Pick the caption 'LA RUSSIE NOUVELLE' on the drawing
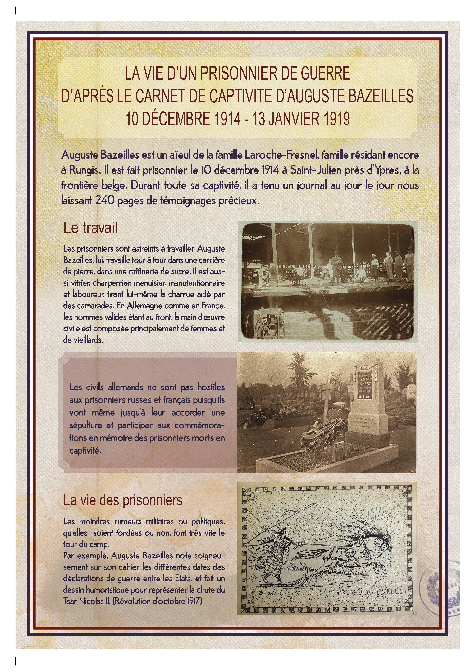(x=368, y=592)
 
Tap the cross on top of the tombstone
(x=366, y=359)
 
